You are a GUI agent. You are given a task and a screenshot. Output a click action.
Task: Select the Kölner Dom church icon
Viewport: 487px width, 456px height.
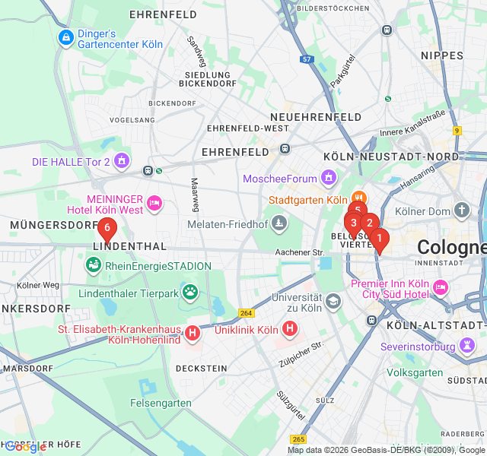coord(461,210)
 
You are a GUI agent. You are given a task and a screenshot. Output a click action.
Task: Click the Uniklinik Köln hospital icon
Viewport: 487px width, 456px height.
coord(290,329)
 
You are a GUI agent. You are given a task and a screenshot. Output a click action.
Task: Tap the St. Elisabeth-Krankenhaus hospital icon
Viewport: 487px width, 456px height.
coord(193,332)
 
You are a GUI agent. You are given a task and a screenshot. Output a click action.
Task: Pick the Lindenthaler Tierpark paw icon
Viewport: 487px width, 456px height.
coord(189,291)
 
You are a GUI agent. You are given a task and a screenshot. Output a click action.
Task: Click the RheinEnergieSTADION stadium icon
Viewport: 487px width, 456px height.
coord(93,265)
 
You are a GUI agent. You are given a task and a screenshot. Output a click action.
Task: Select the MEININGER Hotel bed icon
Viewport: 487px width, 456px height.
coord(154,202)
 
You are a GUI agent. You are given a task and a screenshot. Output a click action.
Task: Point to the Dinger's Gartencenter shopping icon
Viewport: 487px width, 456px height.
coord(65,37)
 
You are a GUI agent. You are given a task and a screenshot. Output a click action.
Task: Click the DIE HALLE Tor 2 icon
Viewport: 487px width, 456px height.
coord(123,161)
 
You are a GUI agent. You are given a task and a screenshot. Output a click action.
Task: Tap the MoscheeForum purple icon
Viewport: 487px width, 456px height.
coord(329,178)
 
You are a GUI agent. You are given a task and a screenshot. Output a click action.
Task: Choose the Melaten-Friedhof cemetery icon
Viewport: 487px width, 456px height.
coord(279,223)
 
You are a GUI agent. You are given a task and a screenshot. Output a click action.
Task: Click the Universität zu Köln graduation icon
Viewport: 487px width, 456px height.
coord(333,302)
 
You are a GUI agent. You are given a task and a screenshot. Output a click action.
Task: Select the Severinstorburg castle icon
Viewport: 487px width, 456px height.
coord(466,346)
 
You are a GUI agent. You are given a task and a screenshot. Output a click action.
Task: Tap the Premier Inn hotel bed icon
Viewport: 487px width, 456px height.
coord(439,288)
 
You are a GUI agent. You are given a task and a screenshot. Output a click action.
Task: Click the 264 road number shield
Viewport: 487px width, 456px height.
coord(246,312)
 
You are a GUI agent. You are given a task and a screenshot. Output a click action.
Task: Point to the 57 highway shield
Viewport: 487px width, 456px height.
coord(307,59)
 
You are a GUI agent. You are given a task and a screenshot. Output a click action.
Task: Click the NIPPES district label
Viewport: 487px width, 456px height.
coord(442,55)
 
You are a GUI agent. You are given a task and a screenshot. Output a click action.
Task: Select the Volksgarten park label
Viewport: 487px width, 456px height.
coord(415,372)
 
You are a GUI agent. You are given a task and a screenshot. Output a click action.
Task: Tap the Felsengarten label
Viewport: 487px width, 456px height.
coord(161,403)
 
